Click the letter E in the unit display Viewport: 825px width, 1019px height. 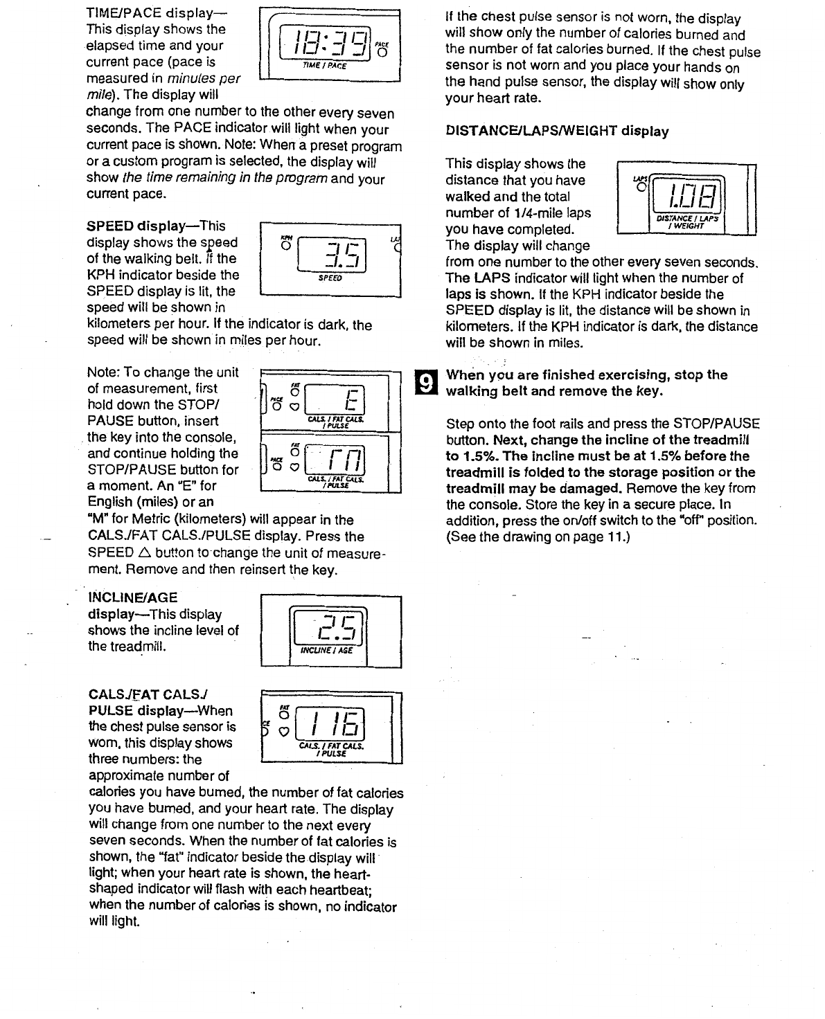coord(351,399)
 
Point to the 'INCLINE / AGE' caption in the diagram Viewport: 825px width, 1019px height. coord(326,651)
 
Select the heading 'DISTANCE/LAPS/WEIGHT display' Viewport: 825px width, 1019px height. coord(558,131)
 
